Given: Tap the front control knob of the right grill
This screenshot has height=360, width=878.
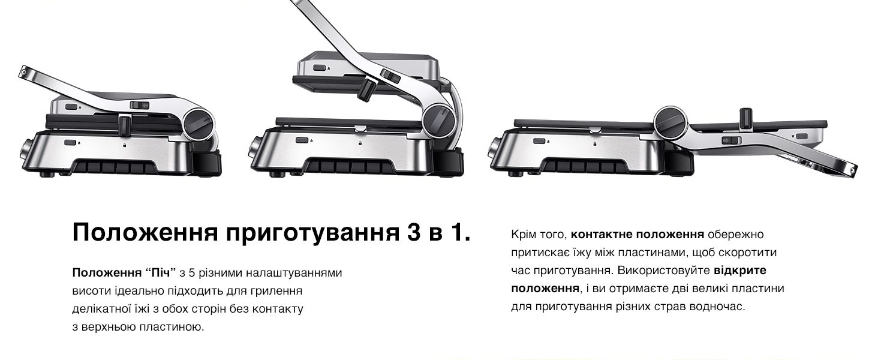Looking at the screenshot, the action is (494, 150).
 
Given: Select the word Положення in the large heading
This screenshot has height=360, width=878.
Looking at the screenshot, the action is (145, 232).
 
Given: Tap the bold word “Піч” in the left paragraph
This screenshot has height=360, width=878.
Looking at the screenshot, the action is (160, 272).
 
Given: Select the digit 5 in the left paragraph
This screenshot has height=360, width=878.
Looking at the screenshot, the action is (192, 272).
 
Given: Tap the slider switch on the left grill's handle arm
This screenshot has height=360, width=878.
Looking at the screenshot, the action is (140, 105).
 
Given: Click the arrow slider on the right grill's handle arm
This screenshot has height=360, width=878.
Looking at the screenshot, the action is (732, 140).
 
